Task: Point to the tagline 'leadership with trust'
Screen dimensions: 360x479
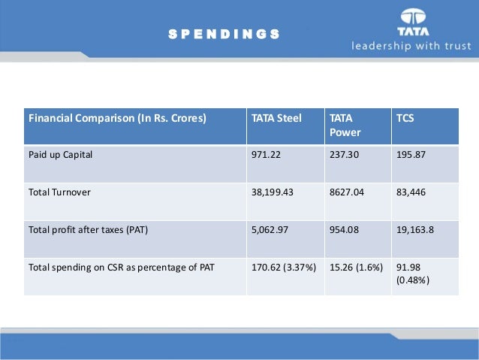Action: pyautogui.click(x=412, y=47)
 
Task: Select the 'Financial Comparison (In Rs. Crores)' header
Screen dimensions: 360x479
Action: pyautogui.click(x=117, y=119)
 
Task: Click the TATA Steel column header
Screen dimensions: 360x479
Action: pyautogui.click(x=276, y=119)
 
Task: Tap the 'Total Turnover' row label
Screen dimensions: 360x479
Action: pyautogui.click(x=59, y=192)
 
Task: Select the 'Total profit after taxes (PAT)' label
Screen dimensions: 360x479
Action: pyautogui.click(x=88, y=229)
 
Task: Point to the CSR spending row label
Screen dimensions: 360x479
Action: pyautogui.click(x=121, y=266)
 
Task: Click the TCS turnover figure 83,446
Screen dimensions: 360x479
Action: pyautogui.click(x=411, y=192)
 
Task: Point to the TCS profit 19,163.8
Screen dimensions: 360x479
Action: pyautogui.click(x=414, y=229)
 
